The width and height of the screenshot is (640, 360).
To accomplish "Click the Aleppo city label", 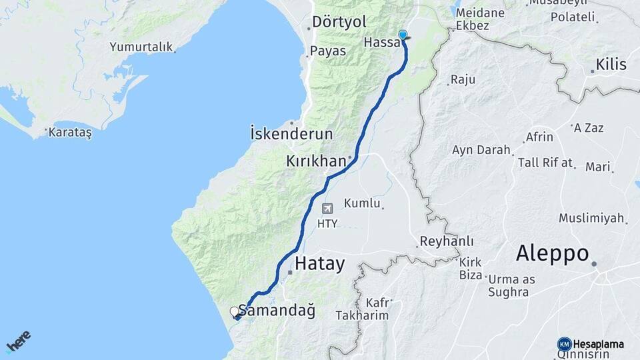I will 552,254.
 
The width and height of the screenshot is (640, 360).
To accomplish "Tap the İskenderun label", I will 291,133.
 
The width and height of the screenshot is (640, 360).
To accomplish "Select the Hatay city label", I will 319,264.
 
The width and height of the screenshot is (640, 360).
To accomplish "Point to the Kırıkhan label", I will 315,161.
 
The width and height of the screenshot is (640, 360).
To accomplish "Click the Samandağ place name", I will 277,311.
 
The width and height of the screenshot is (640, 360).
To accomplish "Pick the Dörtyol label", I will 340,22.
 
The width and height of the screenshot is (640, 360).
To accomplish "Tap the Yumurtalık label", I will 141,47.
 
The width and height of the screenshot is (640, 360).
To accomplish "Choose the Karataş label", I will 70,132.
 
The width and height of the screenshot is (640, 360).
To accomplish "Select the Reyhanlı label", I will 447,241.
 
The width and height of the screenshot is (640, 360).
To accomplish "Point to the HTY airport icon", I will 327,209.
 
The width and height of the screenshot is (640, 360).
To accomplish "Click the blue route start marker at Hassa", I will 403,35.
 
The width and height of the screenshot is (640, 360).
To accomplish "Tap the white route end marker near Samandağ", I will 234,311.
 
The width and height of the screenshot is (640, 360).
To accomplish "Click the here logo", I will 19,342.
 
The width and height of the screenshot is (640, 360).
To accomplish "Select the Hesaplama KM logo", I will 591,344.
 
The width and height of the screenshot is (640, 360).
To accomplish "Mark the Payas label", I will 328,51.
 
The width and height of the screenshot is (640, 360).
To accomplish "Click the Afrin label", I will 539,137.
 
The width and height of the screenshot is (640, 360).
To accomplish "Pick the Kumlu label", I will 363,203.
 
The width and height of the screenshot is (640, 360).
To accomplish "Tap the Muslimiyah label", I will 591,218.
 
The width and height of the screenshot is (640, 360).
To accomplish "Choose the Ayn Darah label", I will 481,150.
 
